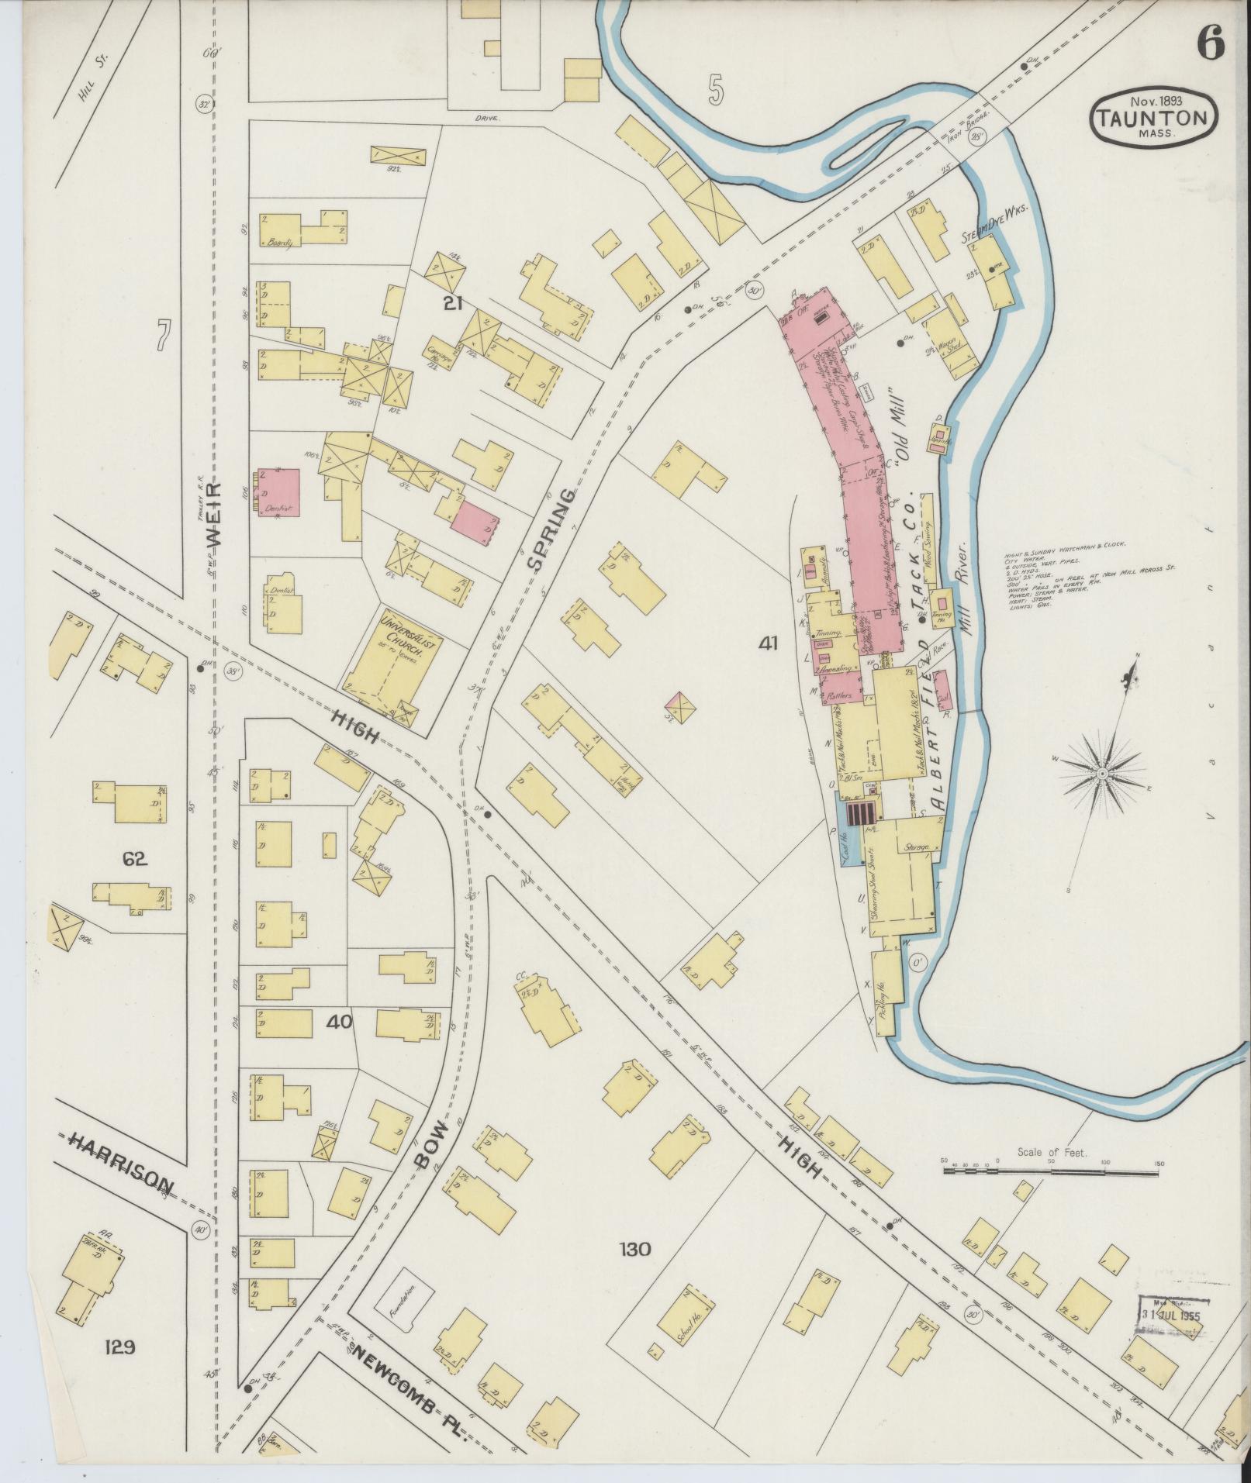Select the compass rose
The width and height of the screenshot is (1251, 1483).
pyautogui.click(x=1102, y=774)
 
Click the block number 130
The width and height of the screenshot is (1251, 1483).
pyautogui.click(x=634, y=1249)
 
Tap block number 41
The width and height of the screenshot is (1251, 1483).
pyautogui.click(x=769, y=643)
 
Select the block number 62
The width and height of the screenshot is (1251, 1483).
pyautogui.click(x=135, y=859)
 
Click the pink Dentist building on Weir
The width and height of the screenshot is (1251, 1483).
pyautogui.click(x=279, y=495)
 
